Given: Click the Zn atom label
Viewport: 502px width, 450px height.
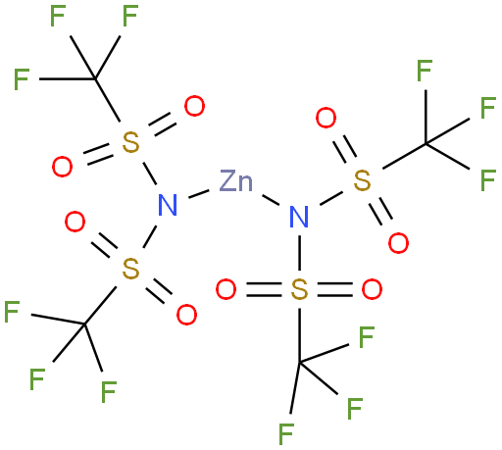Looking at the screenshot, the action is pos(236,180).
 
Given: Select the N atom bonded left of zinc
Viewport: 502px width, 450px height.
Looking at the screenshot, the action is pos(168,205).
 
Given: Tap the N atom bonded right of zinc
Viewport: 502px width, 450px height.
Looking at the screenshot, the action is pos(299,217).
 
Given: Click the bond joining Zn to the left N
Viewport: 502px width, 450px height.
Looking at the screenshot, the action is pos(199,194).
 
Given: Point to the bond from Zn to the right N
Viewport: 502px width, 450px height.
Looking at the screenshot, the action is pos(271,200).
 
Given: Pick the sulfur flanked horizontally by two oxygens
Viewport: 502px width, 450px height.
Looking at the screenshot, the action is pos(299,289).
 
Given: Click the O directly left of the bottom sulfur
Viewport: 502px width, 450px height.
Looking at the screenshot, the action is pos(226,289).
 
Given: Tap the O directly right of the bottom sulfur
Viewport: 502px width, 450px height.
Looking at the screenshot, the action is pos(372,289).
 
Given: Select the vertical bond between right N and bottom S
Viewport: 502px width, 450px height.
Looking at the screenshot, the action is pos(299,253).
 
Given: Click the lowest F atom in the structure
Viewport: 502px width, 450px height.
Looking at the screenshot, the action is pos(286,434).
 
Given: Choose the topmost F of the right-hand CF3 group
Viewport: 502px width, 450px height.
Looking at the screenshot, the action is pos(425,71).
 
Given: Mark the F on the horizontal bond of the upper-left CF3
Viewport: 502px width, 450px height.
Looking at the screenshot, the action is pos(22,79).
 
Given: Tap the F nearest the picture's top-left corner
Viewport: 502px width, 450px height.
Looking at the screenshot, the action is pos(58,16).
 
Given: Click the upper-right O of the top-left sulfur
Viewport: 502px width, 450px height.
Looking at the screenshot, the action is pos(194,106).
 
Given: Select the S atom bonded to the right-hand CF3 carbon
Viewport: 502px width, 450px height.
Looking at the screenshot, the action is pos(363,180).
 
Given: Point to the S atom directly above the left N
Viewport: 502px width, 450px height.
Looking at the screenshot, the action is pos(130,142).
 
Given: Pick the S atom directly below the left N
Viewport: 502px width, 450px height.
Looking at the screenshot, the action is pos(130,269).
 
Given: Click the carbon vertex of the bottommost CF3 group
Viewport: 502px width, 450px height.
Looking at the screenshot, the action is pos(299,362).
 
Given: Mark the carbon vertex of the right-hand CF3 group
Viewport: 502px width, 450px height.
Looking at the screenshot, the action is pos(426,143).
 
